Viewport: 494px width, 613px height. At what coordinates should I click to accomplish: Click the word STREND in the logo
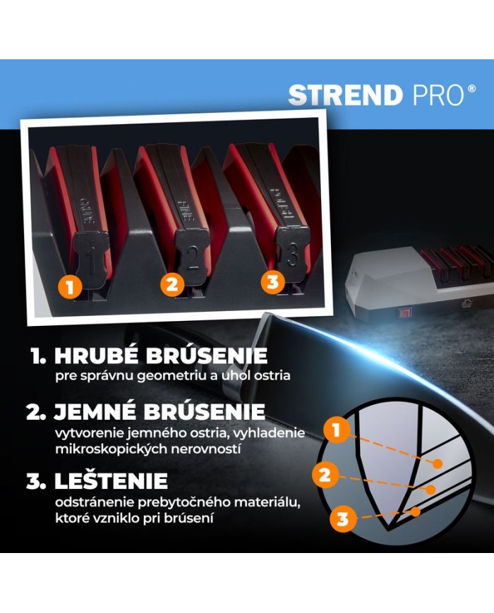(x=346, y=95)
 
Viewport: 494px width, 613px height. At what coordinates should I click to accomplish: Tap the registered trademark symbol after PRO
(x=472, y=89)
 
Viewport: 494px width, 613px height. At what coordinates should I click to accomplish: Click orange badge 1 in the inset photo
(x=70, y=287)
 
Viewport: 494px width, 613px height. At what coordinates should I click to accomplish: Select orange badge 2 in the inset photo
(x=172, y=284)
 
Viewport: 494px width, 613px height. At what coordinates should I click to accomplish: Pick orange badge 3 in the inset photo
(x=273, y=281)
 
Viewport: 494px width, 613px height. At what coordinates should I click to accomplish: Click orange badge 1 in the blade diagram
(x=337, y=430)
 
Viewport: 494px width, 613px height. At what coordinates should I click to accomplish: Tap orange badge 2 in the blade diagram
(x=325, y=475)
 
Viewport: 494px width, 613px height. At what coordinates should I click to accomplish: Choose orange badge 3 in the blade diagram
(x=342, y=518)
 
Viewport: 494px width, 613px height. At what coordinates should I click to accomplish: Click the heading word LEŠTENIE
(x=111, y=480)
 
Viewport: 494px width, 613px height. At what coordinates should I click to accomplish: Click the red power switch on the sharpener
(x=403, y=312)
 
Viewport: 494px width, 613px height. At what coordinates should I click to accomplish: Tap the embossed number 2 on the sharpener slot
(x=192, y=258)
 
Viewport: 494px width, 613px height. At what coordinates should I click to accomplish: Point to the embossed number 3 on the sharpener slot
(x=293, y=255)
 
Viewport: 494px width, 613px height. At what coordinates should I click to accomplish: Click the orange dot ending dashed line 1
(x=438, y=463)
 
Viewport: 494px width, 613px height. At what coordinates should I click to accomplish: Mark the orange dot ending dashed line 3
(x=416, y=511)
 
